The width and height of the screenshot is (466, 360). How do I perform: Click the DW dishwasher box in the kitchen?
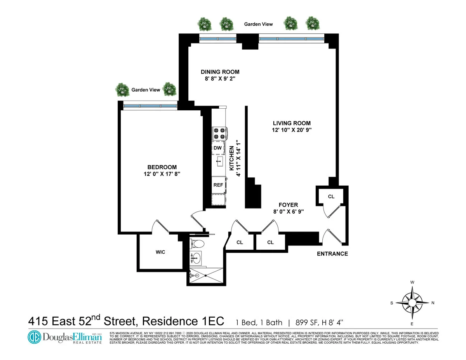[x=217, y=148]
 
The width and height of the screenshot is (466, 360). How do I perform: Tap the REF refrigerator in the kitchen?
[x=218, y=185]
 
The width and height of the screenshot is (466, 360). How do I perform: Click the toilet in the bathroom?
[x=198, y=244]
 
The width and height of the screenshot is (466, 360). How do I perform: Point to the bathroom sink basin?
[x=197, y=257]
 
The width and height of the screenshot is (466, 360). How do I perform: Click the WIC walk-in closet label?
[x=160, y=252]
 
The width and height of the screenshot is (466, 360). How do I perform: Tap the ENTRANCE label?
[x=332, y=254]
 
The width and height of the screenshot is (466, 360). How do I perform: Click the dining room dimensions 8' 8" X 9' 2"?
[x=220, y=79]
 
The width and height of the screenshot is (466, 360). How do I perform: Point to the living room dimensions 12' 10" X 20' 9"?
[x=291, y=130]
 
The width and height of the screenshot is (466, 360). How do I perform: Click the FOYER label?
[x=288, y=205]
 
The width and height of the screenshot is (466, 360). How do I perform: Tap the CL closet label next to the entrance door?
[x=331, y=197]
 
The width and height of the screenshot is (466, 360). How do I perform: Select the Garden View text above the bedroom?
[x=146, y=90]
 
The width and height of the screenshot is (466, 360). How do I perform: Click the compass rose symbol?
[x=412, y=302]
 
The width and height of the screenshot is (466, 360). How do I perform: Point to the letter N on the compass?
[x=433, y=303]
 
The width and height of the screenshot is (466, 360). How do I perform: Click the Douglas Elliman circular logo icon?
[x=34, y=337]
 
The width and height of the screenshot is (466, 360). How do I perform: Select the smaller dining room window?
[x=217, y=39]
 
